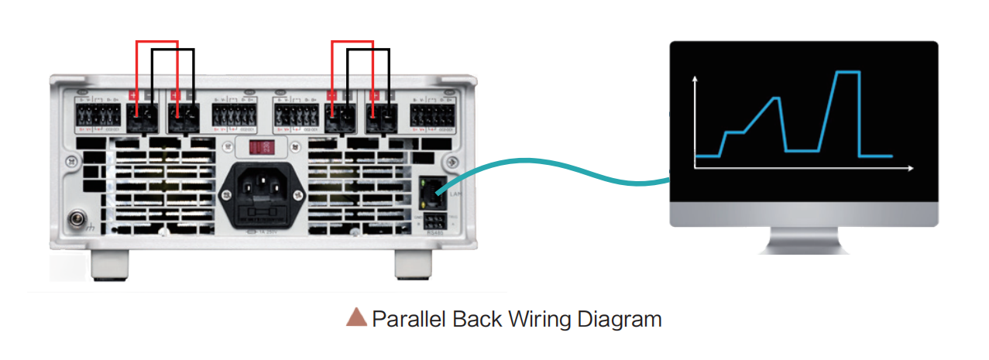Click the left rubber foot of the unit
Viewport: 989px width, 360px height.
(x=108, y=265)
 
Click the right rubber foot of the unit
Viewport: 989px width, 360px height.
(x=412, y=265)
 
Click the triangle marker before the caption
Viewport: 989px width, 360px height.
(x=356, y=317)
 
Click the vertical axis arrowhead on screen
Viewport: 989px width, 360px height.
(x=695, y=79)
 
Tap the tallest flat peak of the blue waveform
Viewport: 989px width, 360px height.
(x=847, y=72)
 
